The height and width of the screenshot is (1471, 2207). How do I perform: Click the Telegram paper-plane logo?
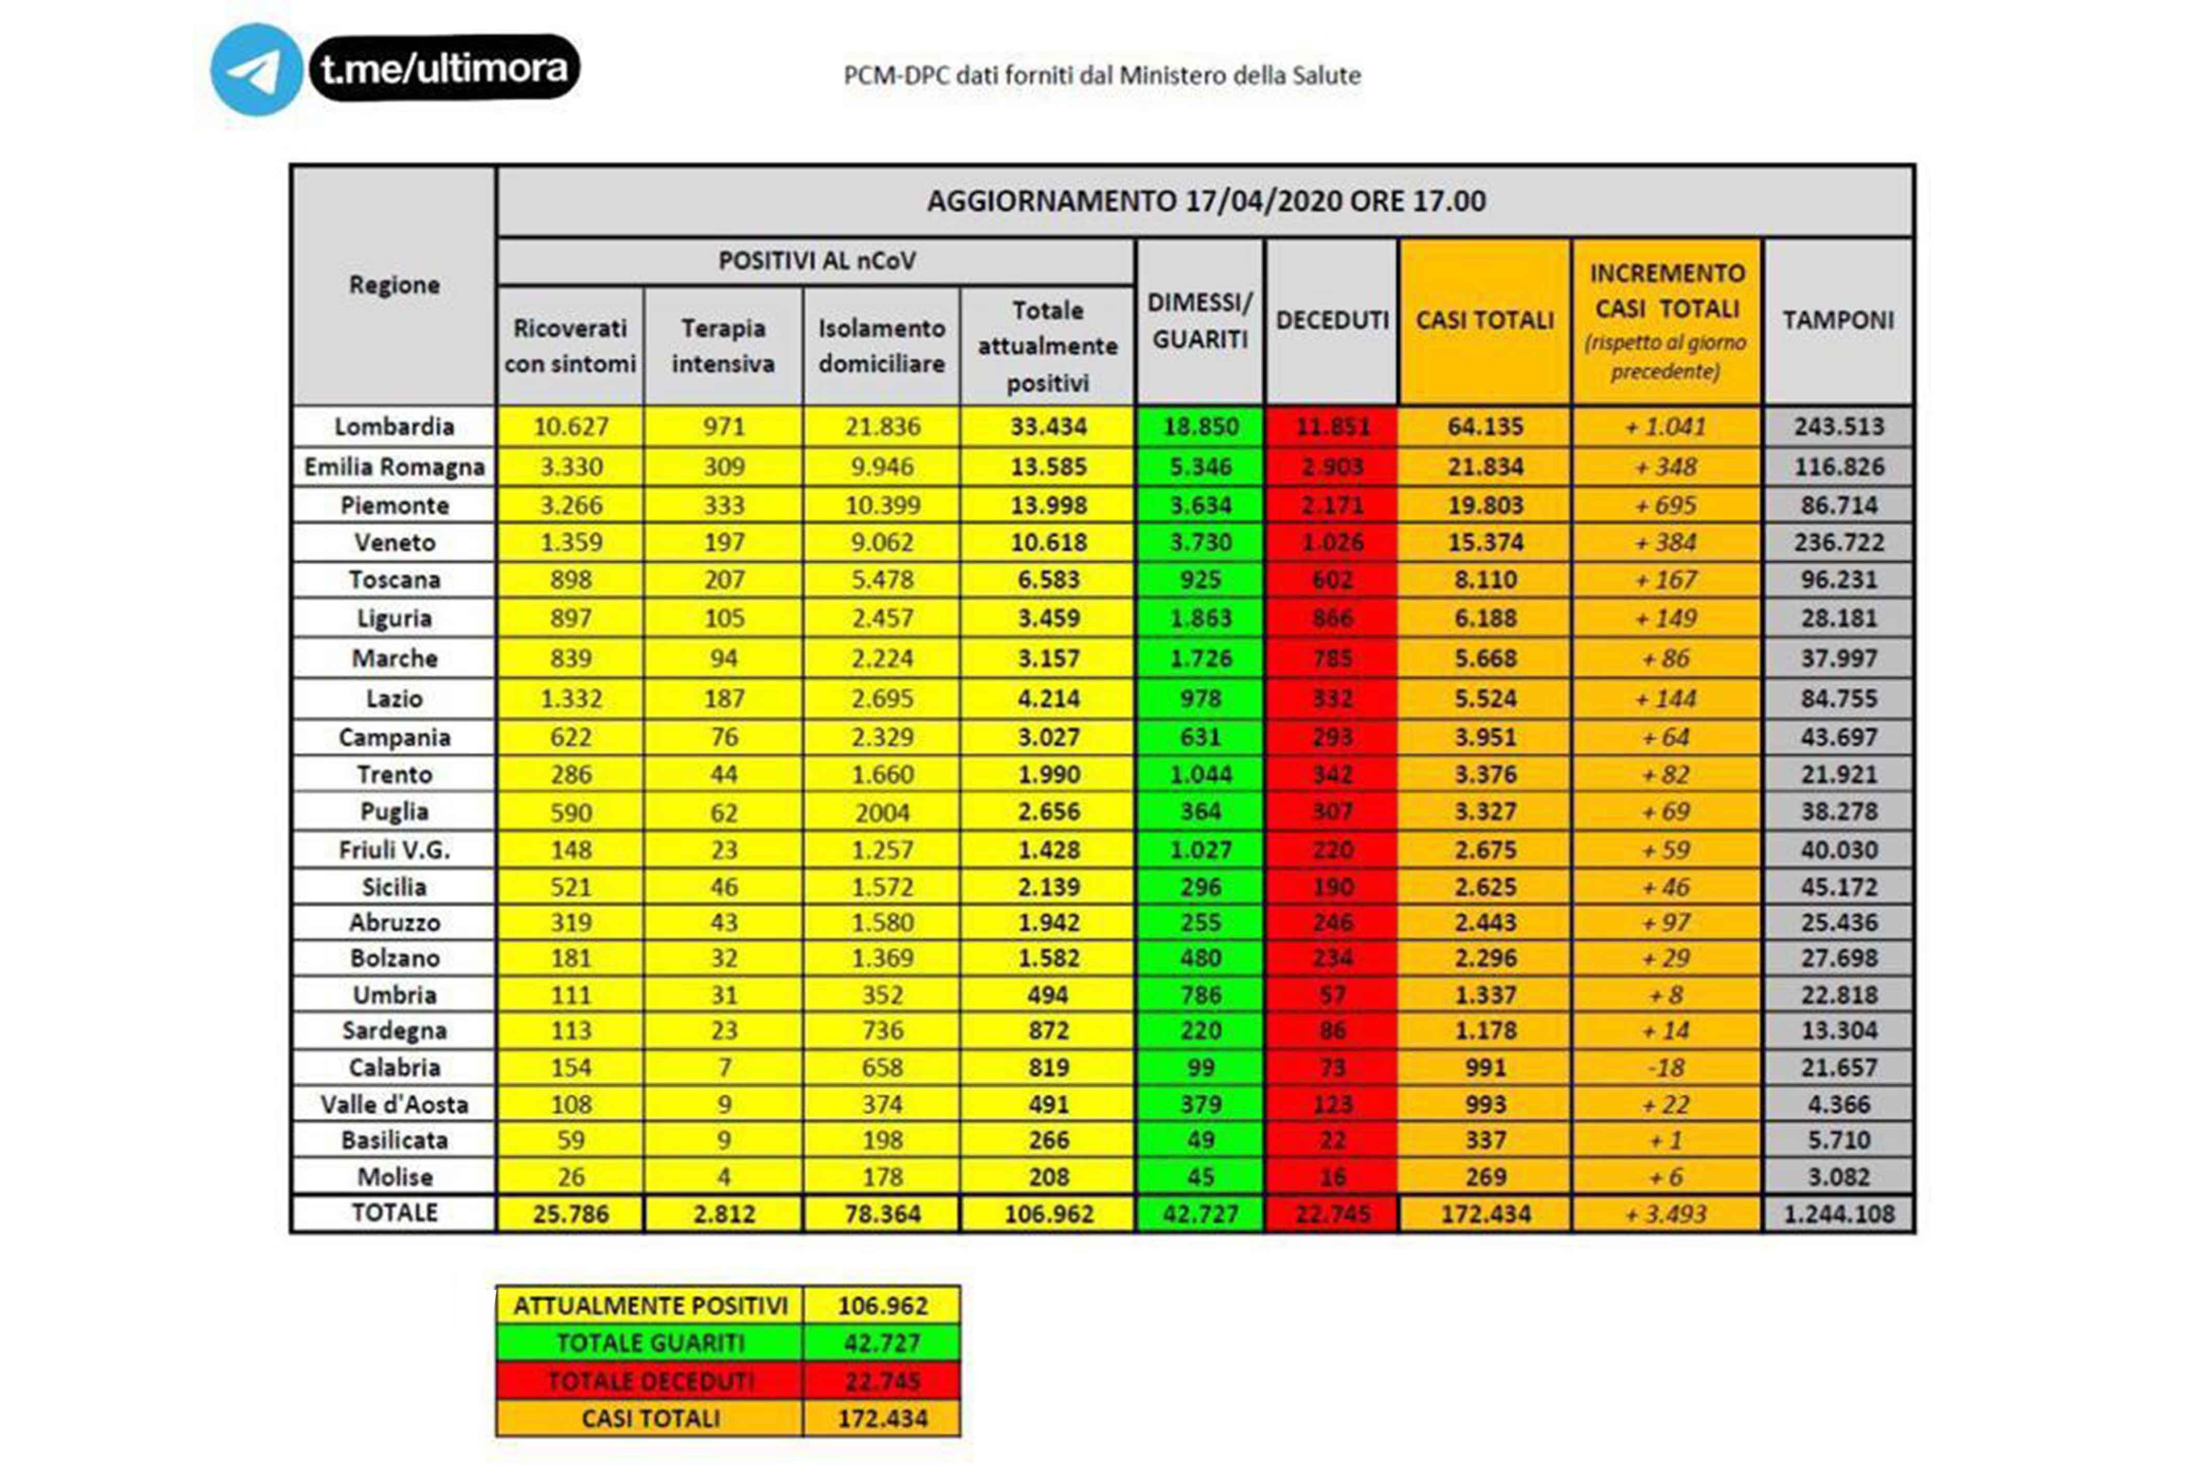[255, 70]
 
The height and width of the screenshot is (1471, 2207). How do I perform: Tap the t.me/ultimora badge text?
[444, 67]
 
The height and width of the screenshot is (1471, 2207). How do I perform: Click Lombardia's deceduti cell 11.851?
[1331, 427]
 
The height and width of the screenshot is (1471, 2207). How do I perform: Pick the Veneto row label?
[394, 542]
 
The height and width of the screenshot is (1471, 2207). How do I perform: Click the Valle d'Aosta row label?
[394, 1104]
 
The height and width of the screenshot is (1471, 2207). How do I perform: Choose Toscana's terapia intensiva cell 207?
[724, 580]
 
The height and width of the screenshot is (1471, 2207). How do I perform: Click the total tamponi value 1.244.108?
[1838, 1214]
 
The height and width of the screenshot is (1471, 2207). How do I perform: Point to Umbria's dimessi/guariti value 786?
[1200, 995]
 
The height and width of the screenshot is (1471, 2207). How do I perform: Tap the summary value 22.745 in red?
[881, 1381]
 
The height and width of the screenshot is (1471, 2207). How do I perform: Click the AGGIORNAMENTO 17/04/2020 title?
[1206, 201]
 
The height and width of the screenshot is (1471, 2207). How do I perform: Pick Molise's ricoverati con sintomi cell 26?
[570, 1176]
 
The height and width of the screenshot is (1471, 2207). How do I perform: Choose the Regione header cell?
[394, 284]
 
